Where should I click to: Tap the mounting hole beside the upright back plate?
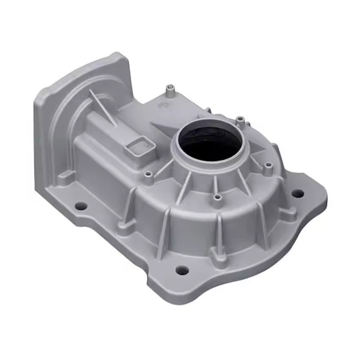coord(81,206)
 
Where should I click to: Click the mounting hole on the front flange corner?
coord(182,270)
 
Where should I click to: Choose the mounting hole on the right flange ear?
coord(297,193)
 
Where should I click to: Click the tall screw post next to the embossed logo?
coord(170,91)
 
